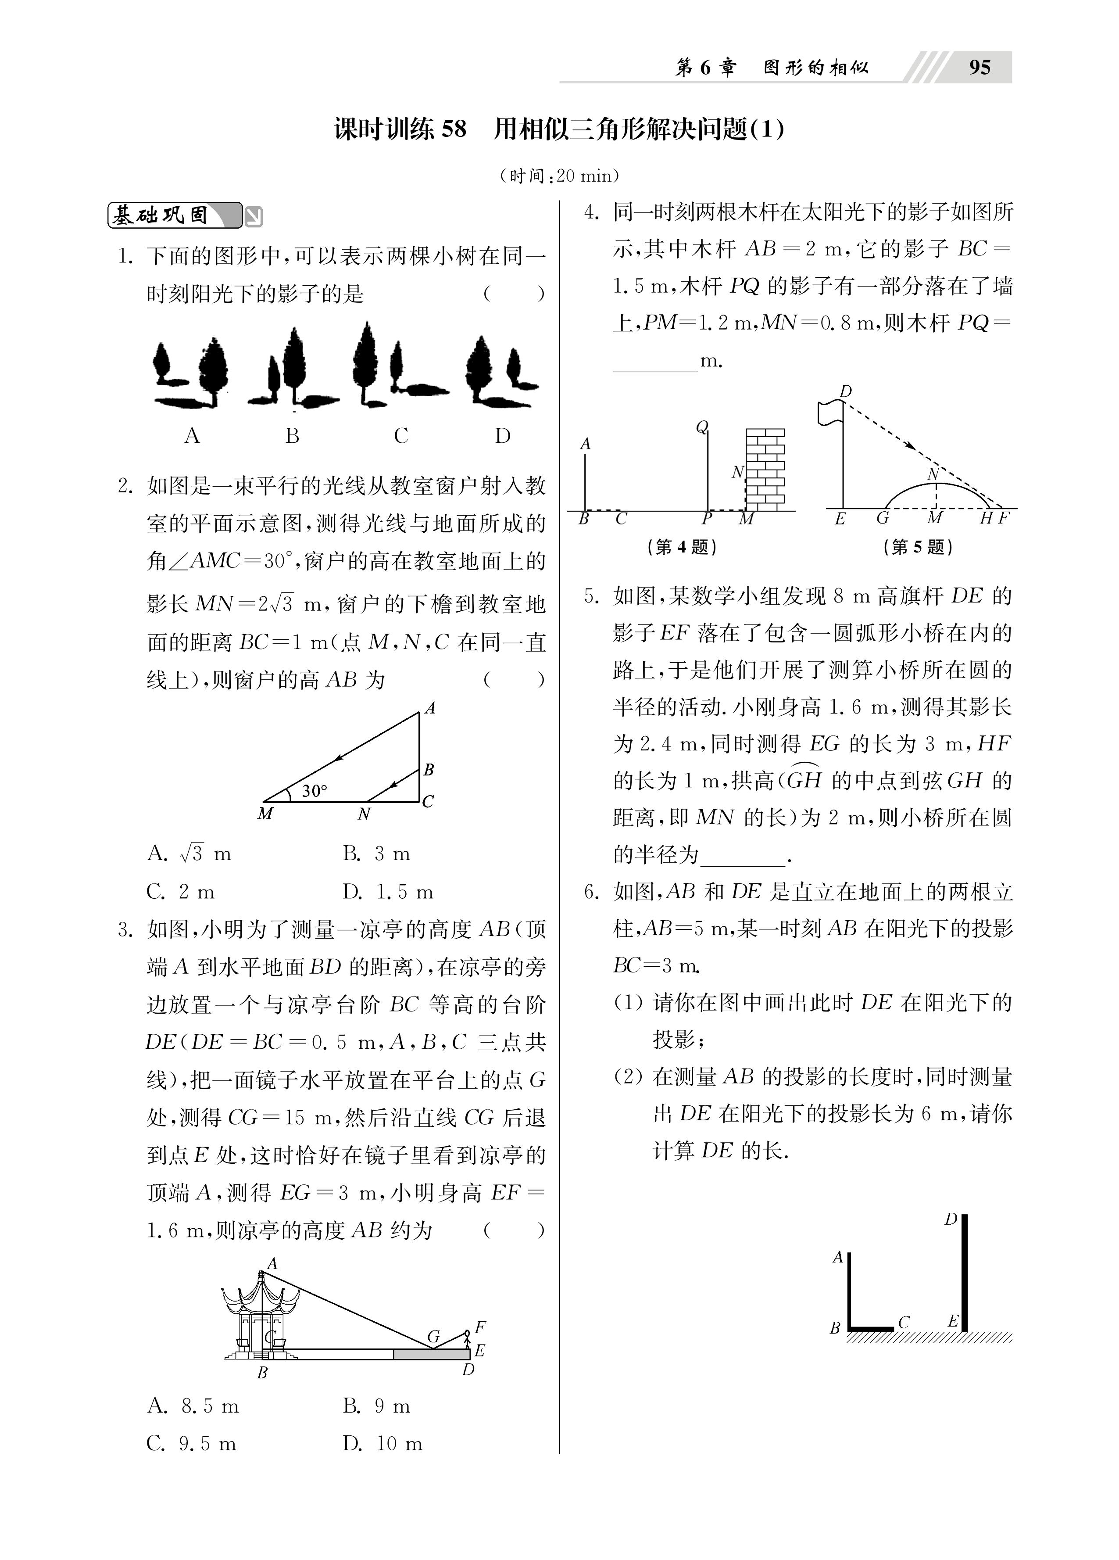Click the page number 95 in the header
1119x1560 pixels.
(x=980, y=68)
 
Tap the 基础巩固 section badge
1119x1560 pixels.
(x=175, y=215)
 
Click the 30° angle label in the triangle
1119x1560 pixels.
(x=315, y=791)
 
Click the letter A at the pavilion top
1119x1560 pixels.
(x=272, y=1263)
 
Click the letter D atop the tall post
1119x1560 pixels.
(x=951, y=1219)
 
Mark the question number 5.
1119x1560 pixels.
(x=590, y=595)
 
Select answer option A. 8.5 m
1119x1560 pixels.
(x=193, y=1406)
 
